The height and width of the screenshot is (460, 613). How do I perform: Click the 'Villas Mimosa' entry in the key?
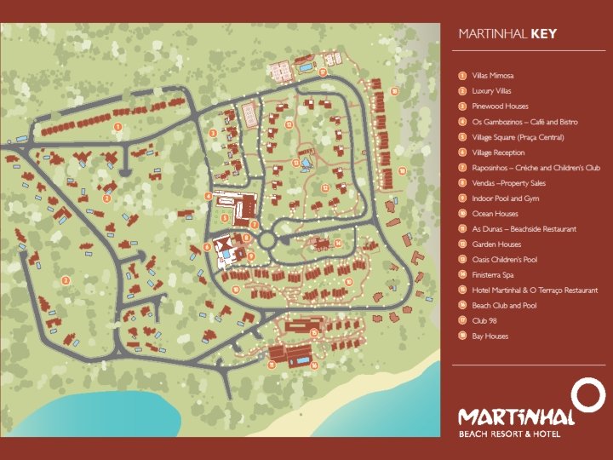(490, 76)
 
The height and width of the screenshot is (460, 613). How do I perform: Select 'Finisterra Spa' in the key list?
(494, 275)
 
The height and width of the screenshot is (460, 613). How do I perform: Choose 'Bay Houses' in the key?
(490, 336)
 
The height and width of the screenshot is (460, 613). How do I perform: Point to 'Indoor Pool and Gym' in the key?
(505, 198)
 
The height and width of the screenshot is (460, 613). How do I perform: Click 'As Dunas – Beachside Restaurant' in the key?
(524, 229)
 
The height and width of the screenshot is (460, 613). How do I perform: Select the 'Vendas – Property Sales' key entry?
(508, 183)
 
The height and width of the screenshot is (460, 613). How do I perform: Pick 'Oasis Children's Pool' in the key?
(504, 260)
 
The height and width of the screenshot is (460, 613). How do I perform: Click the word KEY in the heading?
(544, 35)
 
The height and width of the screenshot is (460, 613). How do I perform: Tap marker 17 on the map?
(323, 72)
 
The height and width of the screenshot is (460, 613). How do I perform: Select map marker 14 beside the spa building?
(338, 243)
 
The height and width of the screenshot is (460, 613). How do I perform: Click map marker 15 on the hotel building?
(314, 332)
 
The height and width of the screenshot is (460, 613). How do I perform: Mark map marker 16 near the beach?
(314, 365)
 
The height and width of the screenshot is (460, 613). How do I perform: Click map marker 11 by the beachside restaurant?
(272, 365)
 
